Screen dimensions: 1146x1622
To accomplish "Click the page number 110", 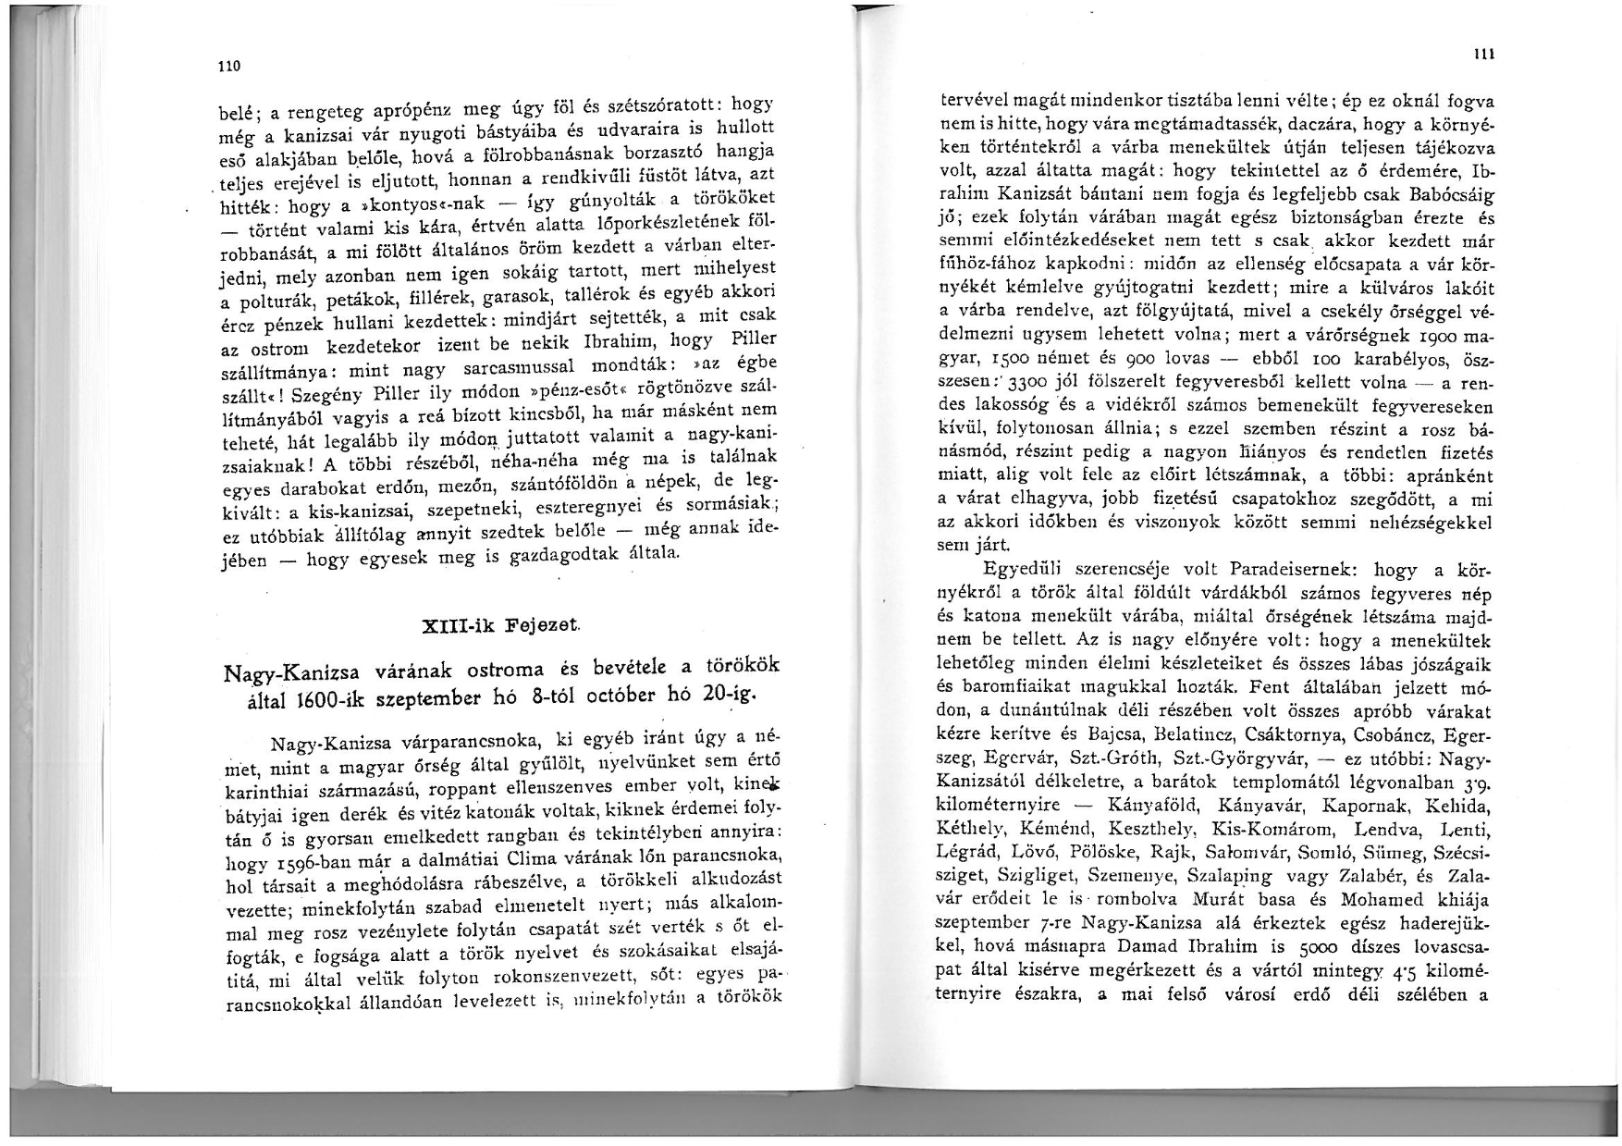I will pos(230,66).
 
